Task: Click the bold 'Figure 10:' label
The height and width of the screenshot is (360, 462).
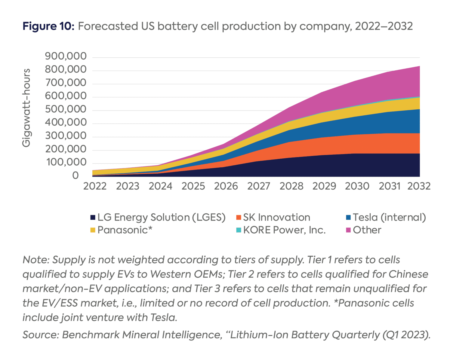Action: pos(48,26)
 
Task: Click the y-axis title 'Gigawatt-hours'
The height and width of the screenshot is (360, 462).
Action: pos(26,108)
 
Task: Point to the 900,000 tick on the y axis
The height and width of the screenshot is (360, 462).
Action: pos(66,56)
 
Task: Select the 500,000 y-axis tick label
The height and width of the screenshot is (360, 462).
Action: pos(66,109)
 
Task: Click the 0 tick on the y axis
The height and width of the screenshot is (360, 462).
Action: pos(75,175)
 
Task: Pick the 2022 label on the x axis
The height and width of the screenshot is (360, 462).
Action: pos(95,186)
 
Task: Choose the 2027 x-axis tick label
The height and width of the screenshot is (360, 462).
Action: pos(259,186)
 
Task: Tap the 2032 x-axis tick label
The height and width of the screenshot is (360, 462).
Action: pos(419,186)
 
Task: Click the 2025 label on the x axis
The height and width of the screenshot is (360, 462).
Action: pos(193,186)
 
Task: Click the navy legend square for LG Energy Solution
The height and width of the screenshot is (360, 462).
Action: pos(93,218)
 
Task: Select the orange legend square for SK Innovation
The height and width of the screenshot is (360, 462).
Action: pos(239,218)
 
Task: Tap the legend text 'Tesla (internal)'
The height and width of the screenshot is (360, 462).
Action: pos(389,217)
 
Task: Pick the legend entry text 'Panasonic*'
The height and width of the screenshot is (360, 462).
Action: pos(125,230)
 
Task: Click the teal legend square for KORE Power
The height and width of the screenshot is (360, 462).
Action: pos(239,230)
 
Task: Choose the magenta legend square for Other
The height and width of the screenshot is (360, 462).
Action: pos(348,230)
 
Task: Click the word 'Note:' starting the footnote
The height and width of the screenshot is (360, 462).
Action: pos(36,260)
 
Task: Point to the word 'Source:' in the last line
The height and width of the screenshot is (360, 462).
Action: pos(41,335)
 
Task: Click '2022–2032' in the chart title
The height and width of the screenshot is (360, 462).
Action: pos(384,26)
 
